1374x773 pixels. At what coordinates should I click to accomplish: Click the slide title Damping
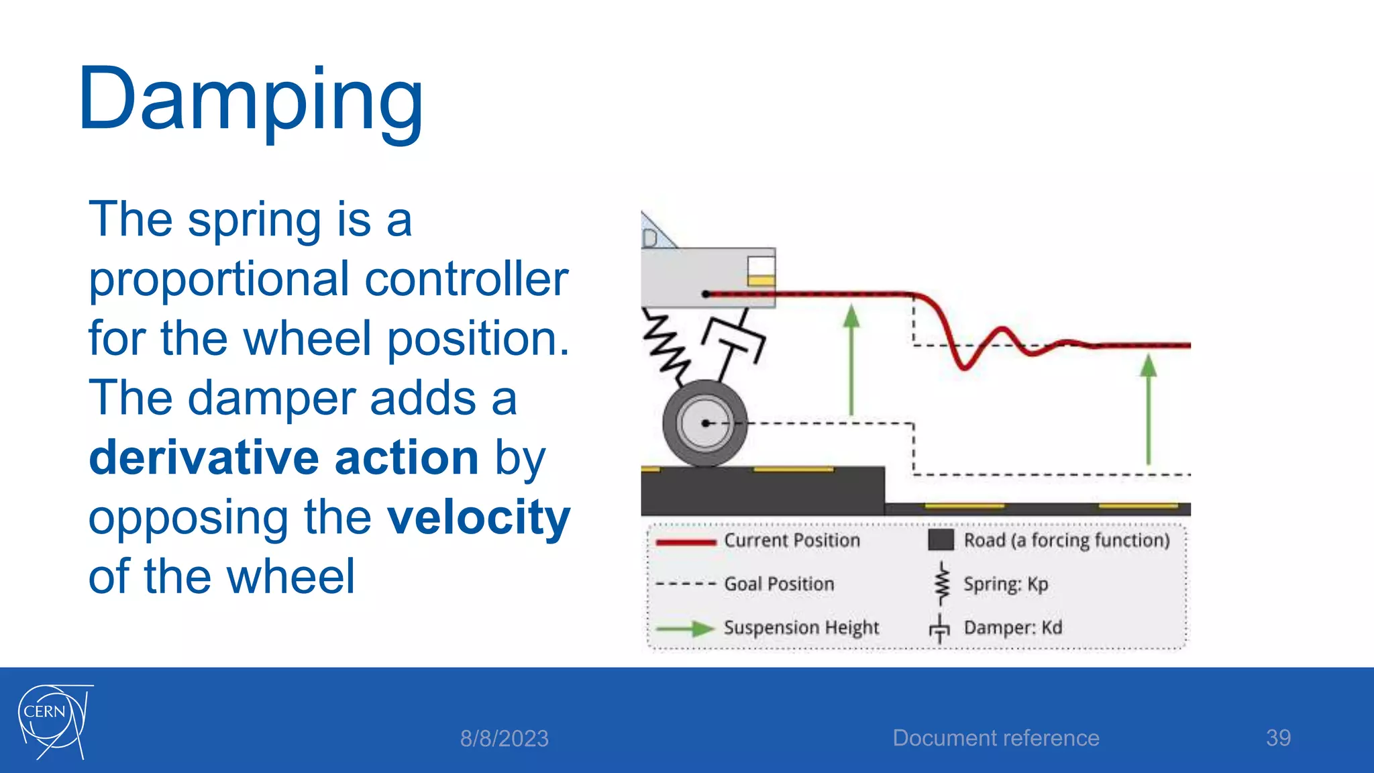pos(251,101)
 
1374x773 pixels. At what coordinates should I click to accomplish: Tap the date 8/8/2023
pos(504,739)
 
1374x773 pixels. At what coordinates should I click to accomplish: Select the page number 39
pos(1278,738)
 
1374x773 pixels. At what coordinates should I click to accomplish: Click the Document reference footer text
pos(996,738)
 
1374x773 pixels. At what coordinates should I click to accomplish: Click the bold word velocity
pos(479,517)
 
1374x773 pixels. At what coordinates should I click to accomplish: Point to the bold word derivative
pos(204,458)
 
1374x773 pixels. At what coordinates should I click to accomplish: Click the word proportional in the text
pos(219,279)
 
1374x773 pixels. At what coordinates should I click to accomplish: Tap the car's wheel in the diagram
pos(704,423)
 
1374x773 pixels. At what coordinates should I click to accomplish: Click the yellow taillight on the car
pos(761,280)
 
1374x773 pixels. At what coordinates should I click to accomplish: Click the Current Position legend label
pos(792,541)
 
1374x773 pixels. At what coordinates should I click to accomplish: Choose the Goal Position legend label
pos(779,584)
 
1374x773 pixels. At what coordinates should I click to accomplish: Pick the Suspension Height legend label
pos(801,628)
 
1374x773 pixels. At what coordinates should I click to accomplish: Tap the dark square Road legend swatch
pos(941,540)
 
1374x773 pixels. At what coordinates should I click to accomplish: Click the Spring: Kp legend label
pos(1006,584)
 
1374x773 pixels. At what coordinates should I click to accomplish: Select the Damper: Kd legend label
pos(1012,628)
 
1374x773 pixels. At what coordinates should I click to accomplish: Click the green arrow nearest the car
pos(851,359)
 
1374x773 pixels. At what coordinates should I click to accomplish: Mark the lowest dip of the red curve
pos(964,367)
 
